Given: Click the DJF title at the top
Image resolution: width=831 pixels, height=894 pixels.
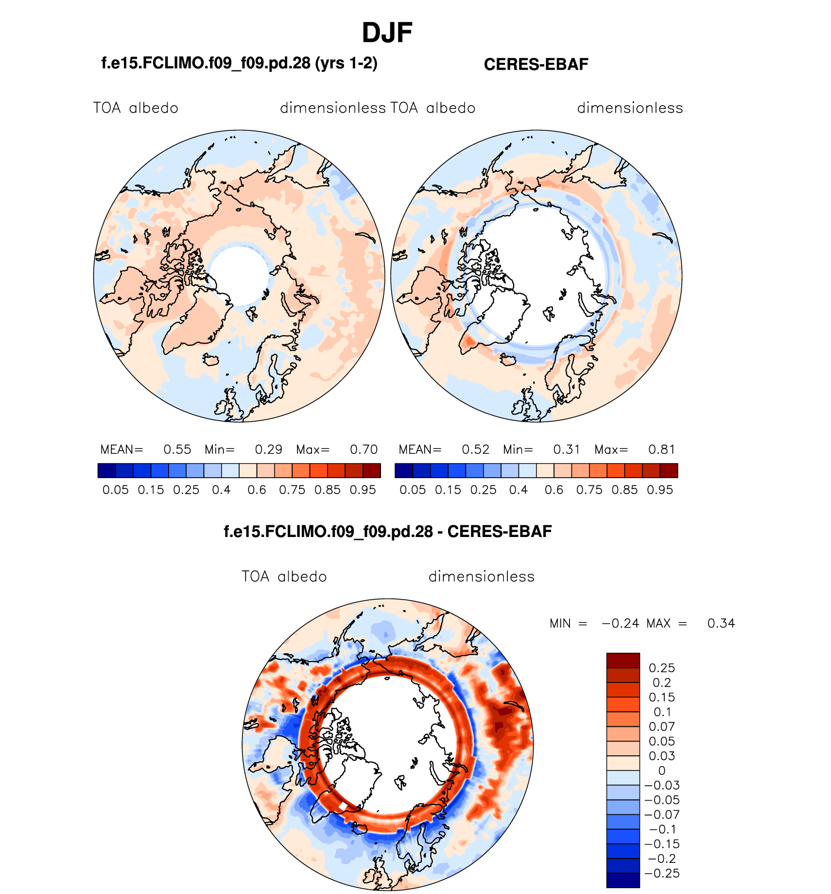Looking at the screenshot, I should tap(387, 33).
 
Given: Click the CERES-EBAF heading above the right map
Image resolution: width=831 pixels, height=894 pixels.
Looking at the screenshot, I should tap(536, 64).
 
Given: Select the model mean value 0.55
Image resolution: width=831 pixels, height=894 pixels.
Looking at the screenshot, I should tap(177, 449).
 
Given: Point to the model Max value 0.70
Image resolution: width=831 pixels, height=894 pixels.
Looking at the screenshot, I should tap(364, 449).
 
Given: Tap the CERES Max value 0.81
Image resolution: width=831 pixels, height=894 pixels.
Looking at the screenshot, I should tap(662, 449).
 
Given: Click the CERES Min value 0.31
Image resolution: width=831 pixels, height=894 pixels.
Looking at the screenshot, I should tap(567, 449).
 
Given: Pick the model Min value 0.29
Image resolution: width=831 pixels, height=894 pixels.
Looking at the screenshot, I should tap(269, 449).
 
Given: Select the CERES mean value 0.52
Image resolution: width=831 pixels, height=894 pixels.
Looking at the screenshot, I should tap(476, 449).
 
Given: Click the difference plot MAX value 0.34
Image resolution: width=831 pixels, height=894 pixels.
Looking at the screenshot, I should tap(721, 624).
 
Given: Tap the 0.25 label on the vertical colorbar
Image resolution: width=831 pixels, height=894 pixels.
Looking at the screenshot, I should tap(662, 668).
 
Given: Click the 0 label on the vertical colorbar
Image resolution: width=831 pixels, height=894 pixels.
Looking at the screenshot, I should tap(662, 771).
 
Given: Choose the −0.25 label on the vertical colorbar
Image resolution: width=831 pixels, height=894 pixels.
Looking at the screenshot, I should tap(661, 874).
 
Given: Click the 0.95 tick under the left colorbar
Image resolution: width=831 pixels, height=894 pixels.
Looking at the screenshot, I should tap(363, 490).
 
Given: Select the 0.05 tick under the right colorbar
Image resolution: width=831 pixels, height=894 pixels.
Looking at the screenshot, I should tap(413, 490).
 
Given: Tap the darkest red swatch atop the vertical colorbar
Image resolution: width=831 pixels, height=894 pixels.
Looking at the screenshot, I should tap(623, 661).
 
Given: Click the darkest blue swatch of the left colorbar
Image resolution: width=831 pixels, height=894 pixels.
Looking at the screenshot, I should tap(107, 471).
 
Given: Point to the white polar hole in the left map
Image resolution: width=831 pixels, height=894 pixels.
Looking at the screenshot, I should tap(239, 275).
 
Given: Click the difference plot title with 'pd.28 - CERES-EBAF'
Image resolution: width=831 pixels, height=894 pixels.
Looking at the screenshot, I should tap(387, 532).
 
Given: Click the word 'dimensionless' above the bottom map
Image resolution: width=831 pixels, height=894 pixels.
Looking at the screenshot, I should tap(481, 577).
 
